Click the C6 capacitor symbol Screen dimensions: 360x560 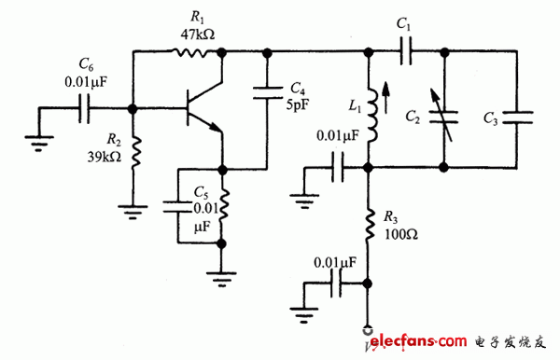coord(84,108)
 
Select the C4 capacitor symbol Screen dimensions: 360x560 coord(268,90)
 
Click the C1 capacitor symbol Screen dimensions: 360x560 coord(405,53)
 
